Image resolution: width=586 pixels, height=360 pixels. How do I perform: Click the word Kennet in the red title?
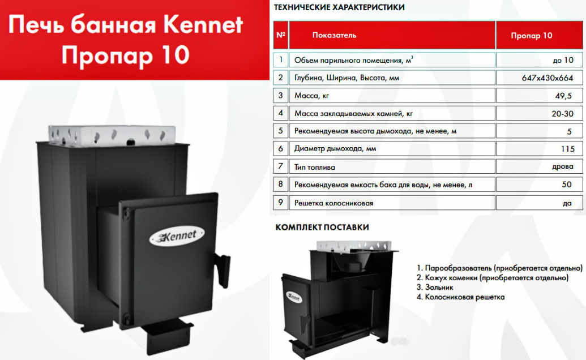click(x=203, y=25)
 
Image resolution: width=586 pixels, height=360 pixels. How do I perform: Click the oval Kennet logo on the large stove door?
click(x=177, y=236)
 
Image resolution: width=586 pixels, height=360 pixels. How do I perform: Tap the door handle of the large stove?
click(x=222, y=269)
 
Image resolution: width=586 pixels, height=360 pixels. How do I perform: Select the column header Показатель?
click(x=334, y=36)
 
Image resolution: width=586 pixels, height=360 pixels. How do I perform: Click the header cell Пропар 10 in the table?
click(x=532, y=36)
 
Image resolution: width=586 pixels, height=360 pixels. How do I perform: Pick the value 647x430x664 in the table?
click(x=547, y=78)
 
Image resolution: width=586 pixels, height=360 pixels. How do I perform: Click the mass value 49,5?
click(x=563, y=96)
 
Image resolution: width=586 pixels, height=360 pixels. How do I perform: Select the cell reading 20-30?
click(x=562, y=114)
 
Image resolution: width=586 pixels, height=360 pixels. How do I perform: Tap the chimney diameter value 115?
click(x=567, y=149)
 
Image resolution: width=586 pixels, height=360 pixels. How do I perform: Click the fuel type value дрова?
click(x=562, y=166)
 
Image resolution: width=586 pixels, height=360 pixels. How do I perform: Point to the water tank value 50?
click(x=567, y=185)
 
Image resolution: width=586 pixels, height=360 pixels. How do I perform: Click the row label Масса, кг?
click(x=312, y=96)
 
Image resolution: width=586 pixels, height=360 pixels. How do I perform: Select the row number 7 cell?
click(x=281, y=166)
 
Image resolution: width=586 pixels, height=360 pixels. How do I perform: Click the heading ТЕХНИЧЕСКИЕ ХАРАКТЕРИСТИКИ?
click(x=339, y=7)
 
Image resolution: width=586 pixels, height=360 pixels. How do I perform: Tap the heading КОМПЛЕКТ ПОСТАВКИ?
click(x=322, y=228)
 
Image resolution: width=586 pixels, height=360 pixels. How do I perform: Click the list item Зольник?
click(x=435, y=288)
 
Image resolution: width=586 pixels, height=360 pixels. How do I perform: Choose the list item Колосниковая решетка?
click(x=460, y=297)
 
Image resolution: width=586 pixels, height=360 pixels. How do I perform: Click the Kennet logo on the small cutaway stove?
click(x=294, y=297)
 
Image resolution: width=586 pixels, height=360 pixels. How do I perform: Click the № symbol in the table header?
click(x=281, y=35)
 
